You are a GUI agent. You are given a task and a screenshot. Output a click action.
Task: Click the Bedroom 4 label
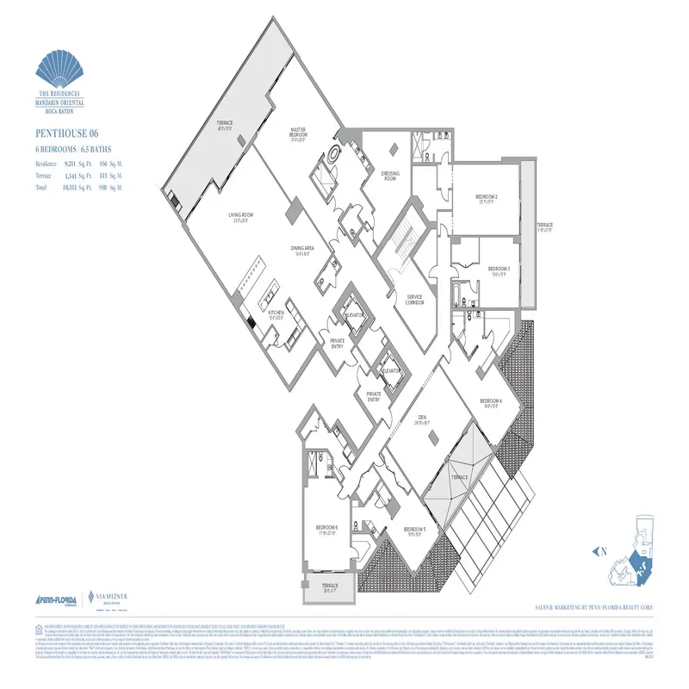(491, 402)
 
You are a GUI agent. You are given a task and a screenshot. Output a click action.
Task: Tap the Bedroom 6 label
(326, 528)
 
